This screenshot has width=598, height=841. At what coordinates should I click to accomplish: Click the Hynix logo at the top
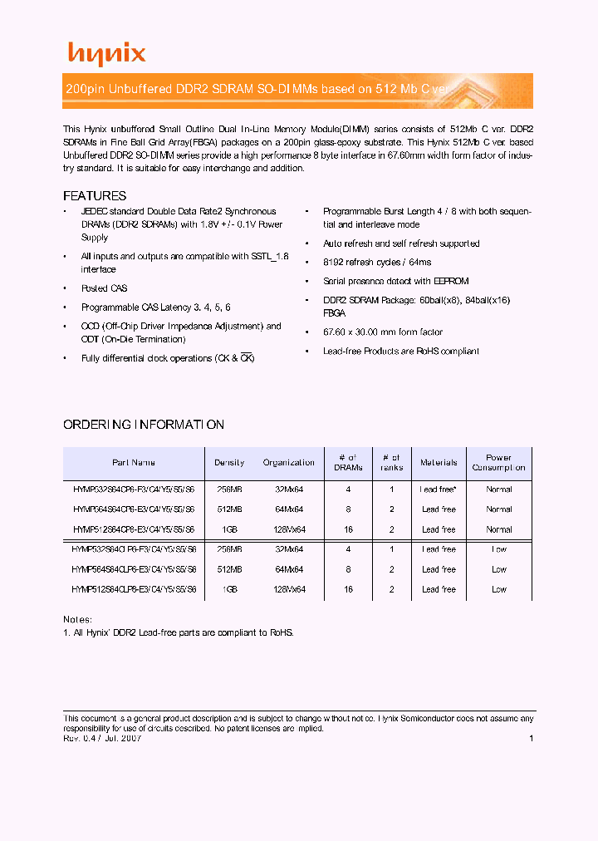tap(106, 54)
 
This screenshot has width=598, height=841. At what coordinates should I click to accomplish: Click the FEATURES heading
tap(95, 196)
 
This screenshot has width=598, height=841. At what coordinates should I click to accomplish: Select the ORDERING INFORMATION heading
tap(144, 425)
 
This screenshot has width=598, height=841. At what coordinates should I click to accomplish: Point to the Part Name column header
tap(134, 463)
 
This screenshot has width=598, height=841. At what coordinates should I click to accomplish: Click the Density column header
tap(229, 463)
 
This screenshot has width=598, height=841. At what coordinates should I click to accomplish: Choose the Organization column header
tap(288, 463)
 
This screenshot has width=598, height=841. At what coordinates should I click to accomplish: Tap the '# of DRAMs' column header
tap(348, 463)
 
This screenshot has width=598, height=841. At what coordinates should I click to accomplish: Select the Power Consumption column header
tap(498, 463)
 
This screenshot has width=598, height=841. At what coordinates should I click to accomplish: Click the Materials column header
tap(439, 463)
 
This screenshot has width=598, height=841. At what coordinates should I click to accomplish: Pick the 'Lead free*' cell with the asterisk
tap(439, 489)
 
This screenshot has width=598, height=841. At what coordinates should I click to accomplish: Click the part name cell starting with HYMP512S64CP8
tap(134, 529)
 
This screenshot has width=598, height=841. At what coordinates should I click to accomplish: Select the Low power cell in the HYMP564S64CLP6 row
tap(498, 569)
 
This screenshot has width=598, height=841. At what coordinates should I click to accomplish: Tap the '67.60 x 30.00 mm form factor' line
tap(383, 332)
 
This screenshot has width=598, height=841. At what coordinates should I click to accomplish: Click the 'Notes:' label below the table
tap(78, 619)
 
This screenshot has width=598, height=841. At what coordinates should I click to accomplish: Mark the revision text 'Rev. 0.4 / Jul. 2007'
tap(102, 738)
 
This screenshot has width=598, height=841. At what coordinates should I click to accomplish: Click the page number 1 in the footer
tap(531, 738)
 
